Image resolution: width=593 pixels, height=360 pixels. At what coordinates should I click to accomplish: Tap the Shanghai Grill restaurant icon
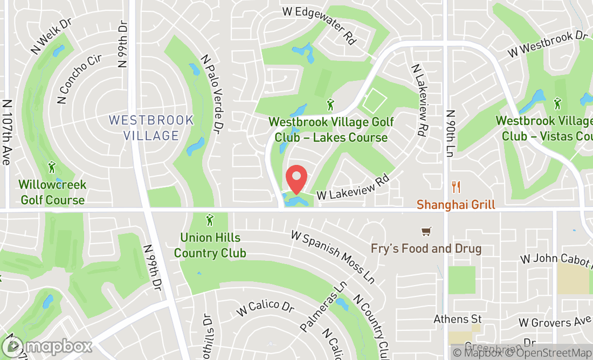point(457,187)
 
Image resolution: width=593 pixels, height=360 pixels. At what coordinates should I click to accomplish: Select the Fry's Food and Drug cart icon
point(426,232)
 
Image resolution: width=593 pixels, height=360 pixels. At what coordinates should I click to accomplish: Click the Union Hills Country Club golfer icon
point(210,220)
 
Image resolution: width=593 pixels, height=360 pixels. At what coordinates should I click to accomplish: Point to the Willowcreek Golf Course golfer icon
point(52,167)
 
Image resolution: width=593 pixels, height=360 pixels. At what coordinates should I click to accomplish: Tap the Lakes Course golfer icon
point(330,104)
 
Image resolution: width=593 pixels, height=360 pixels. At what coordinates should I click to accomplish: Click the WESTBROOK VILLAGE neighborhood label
point(151,128)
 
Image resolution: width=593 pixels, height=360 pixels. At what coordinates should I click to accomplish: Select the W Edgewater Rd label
point(320,25)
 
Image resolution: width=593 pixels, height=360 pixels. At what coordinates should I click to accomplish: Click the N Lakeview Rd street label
point(419,100)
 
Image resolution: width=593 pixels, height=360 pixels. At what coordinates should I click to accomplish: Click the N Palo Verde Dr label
point(212,94)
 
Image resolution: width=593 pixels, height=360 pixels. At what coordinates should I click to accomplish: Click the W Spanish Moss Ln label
point(333,257)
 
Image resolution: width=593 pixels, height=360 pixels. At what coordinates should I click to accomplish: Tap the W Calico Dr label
point(265,307)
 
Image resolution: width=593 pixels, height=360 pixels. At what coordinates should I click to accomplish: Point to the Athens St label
point(458,320)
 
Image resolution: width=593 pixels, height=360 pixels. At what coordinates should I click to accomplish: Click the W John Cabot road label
point(555,259)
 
